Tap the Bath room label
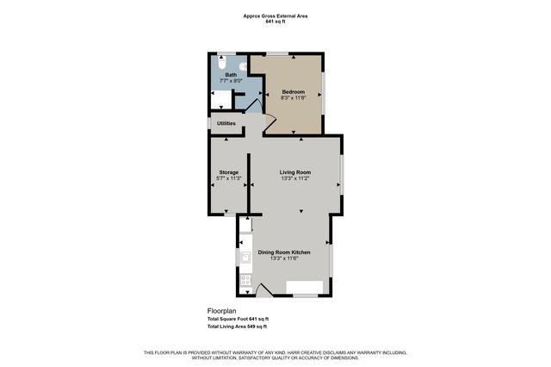(x=231, y=75)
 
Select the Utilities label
(x=226, y=123)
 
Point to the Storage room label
(x=228, y=172)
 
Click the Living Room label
(x=295, y=172)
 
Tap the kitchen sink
(x=245, y=256)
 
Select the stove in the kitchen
(x=245, y=279)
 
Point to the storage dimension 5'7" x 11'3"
(x=228, y=178)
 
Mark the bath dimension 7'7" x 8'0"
(x=231, y=81)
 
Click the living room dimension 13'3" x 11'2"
(x=295, y=178)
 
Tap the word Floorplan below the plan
(x=221, y=310)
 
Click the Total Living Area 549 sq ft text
(x=237, y=327)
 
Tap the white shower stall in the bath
(x=221, y=99)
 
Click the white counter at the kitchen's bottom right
(x=305, y=287)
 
